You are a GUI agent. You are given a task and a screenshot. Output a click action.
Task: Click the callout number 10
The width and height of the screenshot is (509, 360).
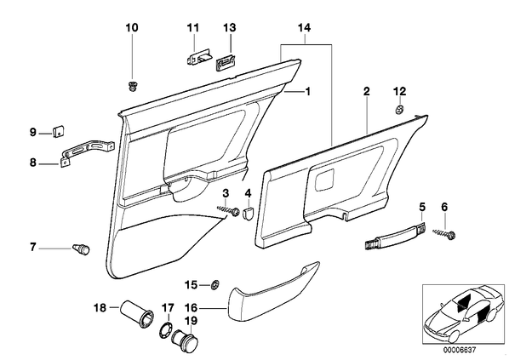[x=132, y=28]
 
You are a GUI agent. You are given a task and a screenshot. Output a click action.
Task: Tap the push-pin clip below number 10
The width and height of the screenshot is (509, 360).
[x=132, y=86]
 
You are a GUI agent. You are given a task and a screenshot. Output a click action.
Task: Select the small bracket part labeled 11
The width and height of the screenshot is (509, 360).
[x=198, y=57]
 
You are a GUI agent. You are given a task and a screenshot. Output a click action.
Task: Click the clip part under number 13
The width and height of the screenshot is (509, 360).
[x=226, y=61]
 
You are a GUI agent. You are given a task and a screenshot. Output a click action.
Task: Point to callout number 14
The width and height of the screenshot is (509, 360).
[x=304, y=28]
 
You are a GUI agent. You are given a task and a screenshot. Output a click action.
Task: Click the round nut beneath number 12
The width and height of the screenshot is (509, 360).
[x=399, y=110]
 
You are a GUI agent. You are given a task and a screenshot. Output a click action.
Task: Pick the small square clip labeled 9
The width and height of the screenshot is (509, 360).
[x=58, y=131]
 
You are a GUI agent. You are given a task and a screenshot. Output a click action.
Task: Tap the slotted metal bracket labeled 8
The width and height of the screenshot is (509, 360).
[x=87, y=152]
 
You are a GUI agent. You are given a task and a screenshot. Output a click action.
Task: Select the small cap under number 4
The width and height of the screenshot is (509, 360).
[x=249, y=214]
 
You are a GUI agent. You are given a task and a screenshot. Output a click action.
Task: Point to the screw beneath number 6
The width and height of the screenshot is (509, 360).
[x=444, y=233]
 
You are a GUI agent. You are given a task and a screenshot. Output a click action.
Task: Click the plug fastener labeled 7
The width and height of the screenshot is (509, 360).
[x=81, y=249]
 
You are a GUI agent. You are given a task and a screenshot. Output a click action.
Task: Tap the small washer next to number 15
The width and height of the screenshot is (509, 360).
[x=214, y=285]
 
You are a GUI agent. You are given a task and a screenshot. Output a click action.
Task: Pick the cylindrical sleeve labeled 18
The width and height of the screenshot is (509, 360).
[x=137, y=315]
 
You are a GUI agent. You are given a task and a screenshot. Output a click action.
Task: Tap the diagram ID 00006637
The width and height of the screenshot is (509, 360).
[x=460, y=351]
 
